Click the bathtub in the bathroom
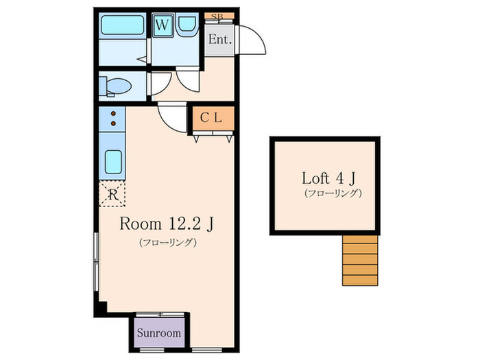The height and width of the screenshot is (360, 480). click(x=123, y=25)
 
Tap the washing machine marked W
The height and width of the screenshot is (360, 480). click(x=163, y=25)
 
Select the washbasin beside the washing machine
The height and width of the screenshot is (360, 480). click(x=187, y=23)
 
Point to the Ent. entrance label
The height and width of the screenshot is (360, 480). click(x=219, y=40)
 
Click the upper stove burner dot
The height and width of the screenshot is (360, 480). click(x=113, y=114)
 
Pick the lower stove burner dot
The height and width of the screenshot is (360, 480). click(x=113, y=123)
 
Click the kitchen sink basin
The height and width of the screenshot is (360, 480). click(x=114, y=162)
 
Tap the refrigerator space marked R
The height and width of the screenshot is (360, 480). click(x=112, y=194)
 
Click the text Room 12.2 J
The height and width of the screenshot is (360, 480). click(x=166, y=224)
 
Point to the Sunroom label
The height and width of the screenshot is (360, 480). click(x=158, y=333)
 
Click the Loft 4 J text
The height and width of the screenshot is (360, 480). click(x=328, y=178)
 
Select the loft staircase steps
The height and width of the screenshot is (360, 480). click(x=360, y=260)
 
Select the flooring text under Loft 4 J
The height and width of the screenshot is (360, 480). click(x=333, y=193)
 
